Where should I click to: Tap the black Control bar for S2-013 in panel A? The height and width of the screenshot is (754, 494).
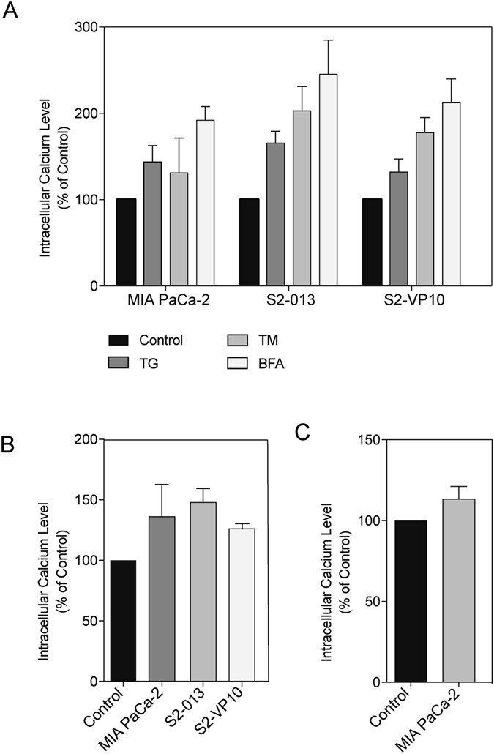[x=249, y=242]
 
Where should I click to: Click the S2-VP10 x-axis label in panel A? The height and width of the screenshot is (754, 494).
[x=411, y=302]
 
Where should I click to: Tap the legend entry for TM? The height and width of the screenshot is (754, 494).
[x=269, y=340]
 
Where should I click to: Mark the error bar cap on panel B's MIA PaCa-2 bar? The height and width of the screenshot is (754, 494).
[x=162, y=485]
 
